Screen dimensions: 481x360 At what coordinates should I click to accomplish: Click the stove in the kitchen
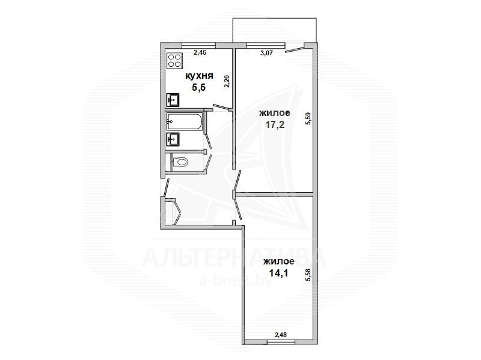(x=174, y=61)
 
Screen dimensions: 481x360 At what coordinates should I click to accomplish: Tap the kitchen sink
(x=173, y=100)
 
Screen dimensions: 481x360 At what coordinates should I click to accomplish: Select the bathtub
(x=185, y=121)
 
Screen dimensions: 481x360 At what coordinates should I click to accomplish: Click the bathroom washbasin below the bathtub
(x=173, y=139)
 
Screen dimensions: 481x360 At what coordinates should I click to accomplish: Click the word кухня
(x=200, y=76)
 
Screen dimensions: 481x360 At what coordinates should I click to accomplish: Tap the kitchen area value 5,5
(x=199, y=88)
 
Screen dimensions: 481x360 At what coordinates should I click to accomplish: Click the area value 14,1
(x=278, y=273)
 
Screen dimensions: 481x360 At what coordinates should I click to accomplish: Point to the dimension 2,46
(x=200, y=52)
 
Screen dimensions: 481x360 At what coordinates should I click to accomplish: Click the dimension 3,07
(x=266, y=53)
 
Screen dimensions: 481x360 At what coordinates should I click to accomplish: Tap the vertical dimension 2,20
(x=227, y=82)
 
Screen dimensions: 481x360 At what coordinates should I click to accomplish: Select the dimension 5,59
(x=308, y=118)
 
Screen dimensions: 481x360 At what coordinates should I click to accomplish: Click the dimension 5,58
(x=308, y=275)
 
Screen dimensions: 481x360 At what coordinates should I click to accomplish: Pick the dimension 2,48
(x=281, y=335)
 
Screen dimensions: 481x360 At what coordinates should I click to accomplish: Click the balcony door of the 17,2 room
(x=295, y=49)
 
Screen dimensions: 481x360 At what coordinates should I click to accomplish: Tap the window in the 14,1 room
(x=281, y=341)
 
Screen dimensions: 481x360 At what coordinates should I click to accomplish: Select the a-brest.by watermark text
(x=235, y=281)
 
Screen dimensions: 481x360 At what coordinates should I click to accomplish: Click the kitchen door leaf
(x=221, y=107)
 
